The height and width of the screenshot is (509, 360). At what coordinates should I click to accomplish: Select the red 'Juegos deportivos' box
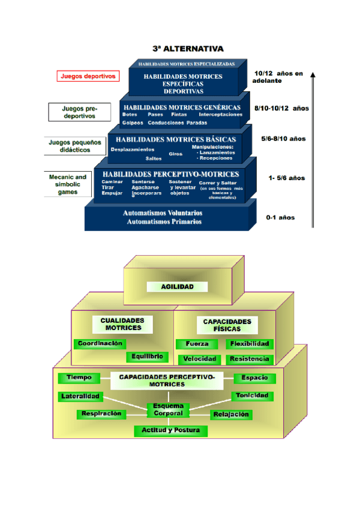point(88,76)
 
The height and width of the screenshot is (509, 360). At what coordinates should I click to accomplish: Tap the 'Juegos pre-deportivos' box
point(79,112)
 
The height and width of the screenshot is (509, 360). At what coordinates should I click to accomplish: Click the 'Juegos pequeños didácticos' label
point(70,146)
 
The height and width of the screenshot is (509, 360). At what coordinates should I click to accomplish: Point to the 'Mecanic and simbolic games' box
point(68,185)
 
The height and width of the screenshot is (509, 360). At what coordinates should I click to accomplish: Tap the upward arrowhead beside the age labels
point(313,76)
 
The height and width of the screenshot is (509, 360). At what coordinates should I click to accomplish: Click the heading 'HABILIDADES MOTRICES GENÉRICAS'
point(182,107)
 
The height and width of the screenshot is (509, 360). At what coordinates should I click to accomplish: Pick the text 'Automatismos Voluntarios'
point(162,212)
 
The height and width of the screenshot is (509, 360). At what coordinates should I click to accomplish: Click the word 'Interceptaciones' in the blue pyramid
point(220,114)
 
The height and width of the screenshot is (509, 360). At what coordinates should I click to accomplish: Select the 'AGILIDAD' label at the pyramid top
point(178,287)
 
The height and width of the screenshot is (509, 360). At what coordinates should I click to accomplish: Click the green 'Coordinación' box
point(100,344)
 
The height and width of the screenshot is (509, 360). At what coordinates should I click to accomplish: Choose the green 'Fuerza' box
point(192,345)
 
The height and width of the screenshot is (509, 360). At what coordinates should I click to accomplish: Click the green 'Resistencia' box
point(249,359)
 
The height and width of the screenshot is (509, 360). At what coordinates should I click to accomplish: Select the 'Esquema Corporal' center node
point(168,409)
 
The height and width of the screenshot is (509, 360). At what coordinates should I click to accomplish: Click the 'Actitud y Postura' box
point(171,430)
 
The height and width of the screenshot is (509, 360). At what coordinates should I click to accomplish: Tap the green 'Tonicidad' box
point(253,396)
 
